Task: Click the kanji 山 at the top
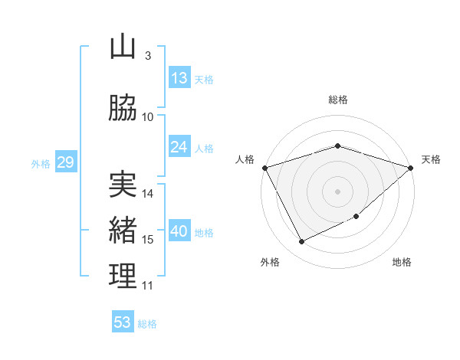123,47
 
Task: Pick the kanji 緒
123,230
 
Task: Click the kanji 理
123,276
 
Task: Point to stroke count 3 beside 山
147,56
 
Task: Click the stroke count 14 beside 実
149,194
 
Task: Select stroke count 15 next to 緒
149,240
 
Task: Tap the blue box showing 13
179,78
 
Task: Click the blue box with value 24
179,147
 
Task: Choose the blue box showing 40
179,231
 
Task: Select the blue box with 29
65,162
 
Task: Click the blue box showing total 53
123,322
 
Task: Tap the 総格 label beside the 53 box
147,324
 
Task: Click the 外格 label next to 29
41,163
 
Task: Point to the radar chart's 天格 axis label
432,159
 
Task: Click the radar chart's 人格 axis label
245,159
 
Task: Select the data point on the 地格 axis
356,217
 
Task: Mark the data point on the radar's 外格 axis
301,242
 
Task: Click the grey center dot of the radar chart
337,191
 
